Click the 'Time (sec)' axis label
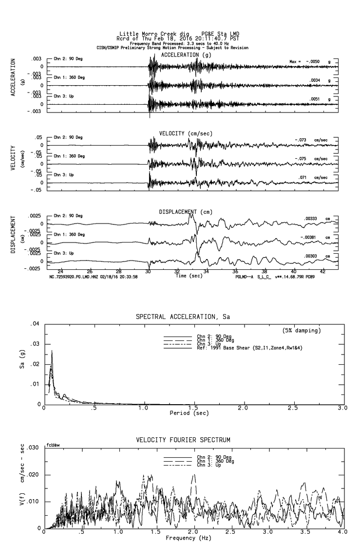[x=189, y=276]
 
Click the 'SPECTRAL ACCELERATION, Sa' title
[x=183, y=317]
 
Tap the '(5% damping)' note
[x=302, y=331]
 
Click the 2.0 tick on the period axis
[x=243, y=408]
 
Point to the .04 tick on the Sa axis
[x=35, y=324]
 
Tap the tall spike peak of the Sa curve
[x=52, y=351]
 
